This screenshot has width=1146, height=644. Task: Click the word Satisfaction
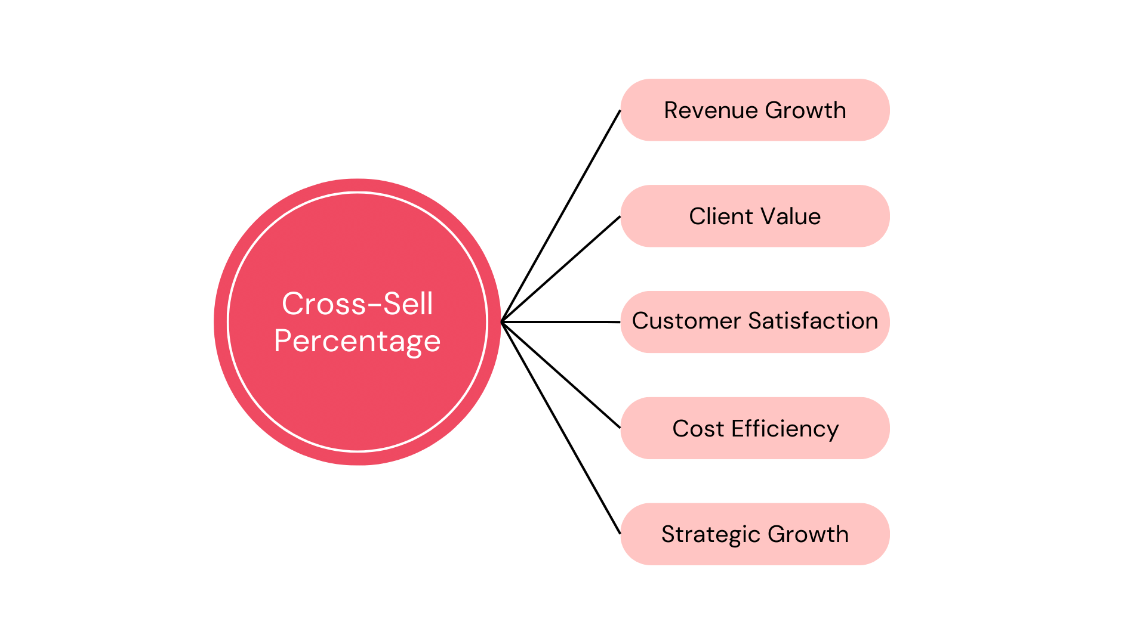click(x=813, y=321)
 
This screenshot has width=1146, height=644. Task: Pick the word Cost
click(x=698, y=429)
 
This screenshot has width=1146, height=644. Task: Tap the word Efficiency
click(x=785, y=429)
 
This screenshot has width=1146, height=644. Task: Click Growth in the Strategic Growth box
click(x=808, y=534)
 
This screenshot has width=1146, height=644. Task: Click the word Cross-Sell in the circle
click(x=357, y=304)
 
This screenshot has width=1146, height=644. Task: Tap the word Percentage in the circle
click(x=357, y=341)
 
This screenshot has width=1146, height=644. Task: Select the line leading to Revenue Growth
click(x=561, y=216)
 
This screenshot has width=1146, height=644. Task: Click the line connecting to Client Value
click(x=561, y=270)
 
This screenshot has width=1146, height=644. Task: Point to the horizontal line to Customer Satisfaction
click(x=561, y=322)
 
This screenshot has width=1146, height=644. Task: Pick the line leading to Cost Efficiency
click(x=561, y=375)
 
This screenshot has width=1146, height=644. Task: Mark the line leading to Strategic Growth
click(x=561, y=428)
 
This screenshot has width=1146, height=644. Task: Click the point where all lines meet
click(x=503, y=322)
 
